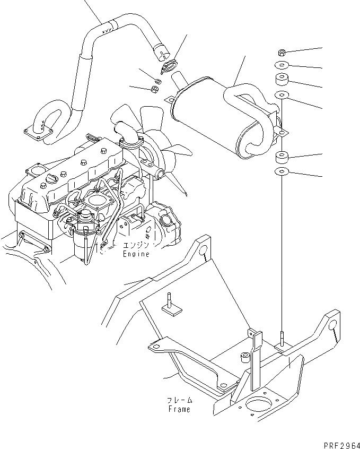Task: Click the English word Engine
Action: click(x=137, y=254)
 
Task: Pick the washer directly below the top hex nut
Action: click(x=282, y=65)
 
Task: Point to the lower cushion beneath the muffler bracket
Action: click(x=282, y=158)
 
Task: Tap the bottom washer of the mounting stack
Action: click(x=282, y=171)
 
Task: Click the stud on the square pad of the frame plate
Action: click(x=169, y=303)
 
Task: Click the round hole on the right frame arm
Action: click(x=331, y=325)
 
